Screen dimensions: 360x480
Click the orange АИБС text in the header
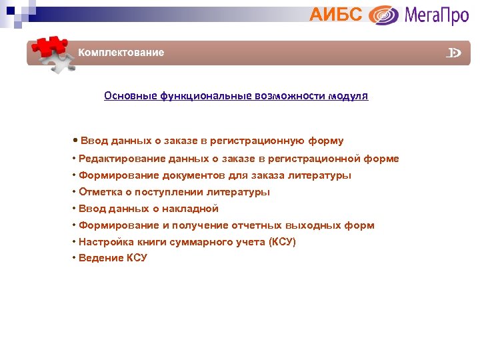click(336, 13)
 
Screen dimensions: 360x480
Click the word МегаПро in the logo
click(436, 15)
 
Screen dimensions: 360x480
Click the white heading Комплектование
click(121, 53)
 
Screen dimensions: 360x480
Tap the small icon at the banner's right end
click(454, 53)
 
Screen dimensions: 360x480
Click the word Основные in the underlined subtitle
click(130, 96)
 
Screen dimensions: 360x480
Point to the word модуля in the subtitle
click(347, 96)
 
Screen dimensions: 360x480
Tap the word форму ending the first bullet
click(326, 141)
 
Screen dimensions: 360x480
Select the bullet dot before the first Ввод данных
click(75, 141)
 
